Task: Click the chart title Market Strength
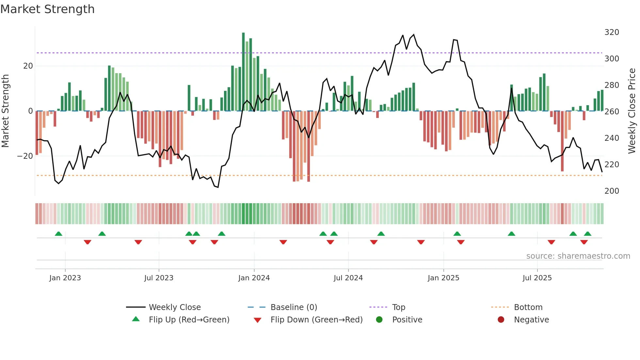click(x=47, y=9)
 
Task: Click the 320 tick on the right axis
click(x=612, y=32)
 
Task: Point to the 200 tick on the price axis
click(x=612, y=191)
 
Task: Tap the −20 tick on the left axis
click(x=25, y=156)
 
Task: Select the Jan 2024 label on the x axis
click(x=254, y=278)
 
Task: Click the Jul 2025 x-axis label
click(x=537, y=278)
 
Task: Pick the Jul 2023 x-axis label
click(x=159, y=278)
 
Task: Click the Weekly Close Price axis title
click(x=632, y=111)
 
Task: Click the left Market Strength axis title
click(x=5, y=111)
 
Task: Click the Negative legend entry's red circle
click(x=501, y=320)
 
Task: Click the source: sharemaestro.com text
click(x=578, y=256)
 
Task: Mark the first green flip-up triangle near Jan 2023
click(x=58, y=234)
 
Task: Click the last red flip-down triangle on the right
click(x=584, y=242)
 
